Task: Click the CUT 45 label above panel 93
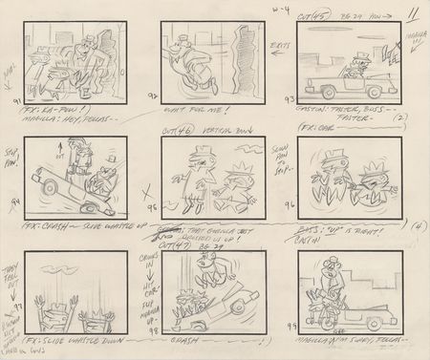coord(305,17)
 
